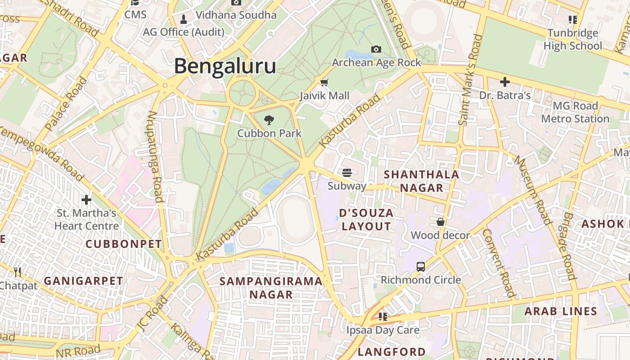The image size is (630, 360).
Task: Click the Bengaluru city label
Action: (x=225, y=66)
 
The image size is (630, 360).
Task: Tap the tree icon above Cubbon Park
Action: (x=269, y=120)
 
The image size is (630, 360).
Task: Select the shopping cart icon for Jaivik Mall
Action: (x=324, y=82)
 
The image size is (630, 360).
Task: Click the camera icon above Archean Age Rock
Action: (x=376, y=49)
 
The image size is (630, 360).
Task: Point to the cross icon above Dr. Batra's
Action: (x=505, y=82)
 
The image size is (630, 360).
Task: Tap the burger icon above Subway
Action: (x=346, y=172)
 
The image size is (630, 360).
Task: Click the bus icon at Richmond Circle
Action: (x=421, y=266)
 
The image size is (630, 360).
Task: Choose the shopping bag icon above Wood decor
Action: (x=441, y=222)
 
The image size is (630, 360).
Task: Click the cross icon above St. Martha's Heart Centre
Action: (x=86, y=199)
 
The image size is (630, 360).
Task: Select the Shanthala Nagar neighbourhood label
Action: (x=422, y=181)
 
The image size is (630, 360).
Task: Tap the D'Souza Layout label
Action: (x=366, y=220)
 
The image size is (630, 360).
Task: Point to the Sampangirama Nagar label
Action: (x=271, y=288)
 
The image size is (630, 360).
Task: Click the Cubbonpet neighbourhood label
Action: (x=123, y=244)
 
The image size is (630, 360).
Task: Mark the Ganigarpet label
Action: (x=83, y=281)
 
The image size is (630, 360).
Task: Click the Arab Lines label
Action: (x=561, y=311)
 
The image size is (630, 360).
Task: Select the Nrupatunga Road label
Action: (x=154, y=156)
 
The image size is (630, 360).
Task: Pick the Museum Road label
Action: (x=533, y=190)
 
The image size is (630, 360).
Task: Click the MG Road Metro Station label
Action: (x=575, y=112)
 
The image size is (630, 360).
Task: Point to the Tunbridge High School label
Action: (x=572, y=39)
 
